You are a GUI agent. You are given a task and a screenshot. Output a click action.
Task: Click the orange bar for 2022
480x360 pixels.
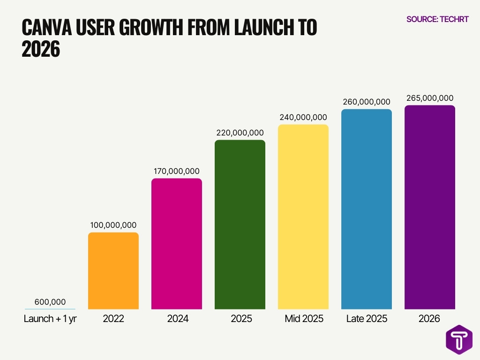pos(113,271)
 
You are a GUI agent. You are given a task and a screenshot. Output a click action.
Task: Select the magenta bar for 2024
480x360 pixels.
pos(177,244)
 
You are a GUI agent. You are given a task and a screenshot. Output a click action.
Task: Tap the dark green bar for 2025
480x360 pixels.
pos(240,225)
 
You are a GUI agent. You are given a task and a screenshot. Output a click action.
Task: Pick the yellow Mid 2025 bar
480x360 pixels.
pos(303,217)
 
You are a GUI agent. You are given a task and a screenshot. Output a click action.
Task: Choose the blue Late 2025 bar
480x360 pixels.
pos(367,209)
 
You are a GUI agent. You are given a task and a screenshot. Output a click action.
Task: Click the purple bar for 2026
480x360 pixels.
pos(430,207)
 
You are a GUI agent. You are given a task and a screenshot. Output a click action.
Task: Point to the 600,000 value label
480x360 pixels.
pos(50,302)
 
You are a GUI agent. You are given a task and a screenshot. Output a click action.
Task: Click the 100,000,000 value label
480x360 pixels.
pos(113,225)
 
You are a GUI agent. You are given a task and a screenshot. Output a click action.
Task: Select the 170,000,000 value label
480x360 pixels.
pos(177,171)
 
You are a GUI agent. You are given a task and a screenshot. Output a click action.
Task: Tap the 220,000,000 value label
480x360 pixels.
pos(240,133)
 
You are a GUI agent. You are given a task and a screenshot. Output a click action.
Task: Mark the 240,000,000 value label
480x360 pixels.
pos(303,117)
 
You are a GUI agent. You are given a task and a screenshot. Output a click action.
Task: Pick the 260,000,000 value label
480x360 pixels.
pos(367,102)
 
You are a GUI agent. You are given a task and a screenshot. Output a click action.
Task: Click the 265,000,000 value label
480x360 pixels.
pos(430,98)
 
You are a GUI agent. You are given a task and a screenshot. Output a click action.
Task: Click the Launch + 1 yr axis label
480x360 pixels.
pos(50,319)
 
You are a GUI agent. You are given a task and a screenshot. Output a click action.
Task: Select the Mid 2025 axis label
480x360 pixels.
pos(304,319)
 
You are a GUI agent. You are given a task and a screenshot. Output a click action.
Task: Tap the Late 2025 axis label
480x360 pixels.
pos(367,319)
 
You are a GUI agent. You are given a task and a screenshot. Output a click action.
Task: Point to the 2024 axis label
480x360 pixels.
pos(177,319)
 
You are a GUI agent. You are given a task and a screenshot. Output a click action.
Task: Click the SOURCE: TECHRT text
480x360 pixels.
pos(437,19)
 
